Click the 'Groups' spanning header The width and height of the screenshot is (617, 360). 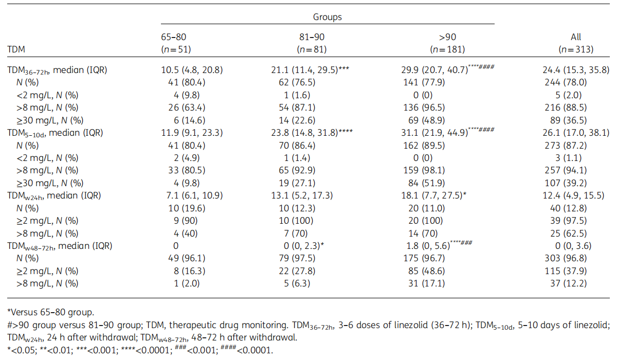[328, 17]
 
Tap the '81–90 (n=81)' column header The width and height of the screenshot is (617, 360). [312, 43]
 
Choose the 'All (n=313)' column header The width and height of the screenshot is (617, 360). [576, 43]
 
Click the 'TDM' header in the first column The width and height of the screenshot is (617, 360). [17, 49]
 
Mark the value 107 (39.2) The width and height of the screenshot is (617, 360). [576, 183]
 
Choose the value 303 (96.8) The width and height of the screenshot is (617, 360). [576, 258]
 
